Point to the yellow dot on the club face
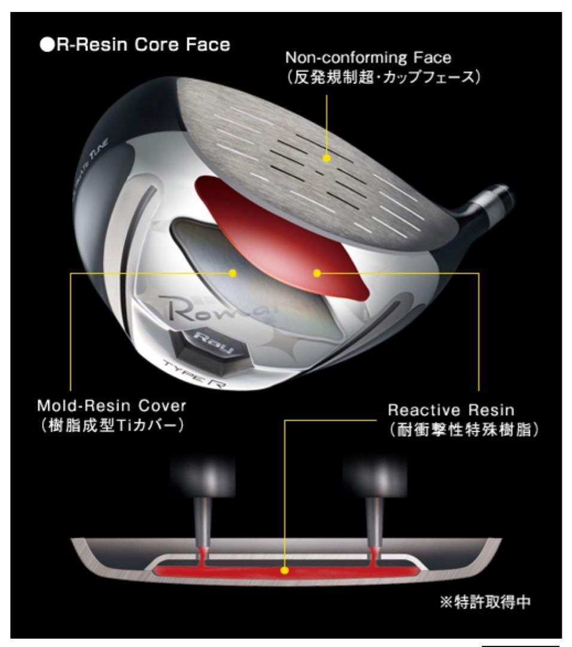pos(326,158)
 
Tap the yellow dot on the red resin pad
pos(317,273)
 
